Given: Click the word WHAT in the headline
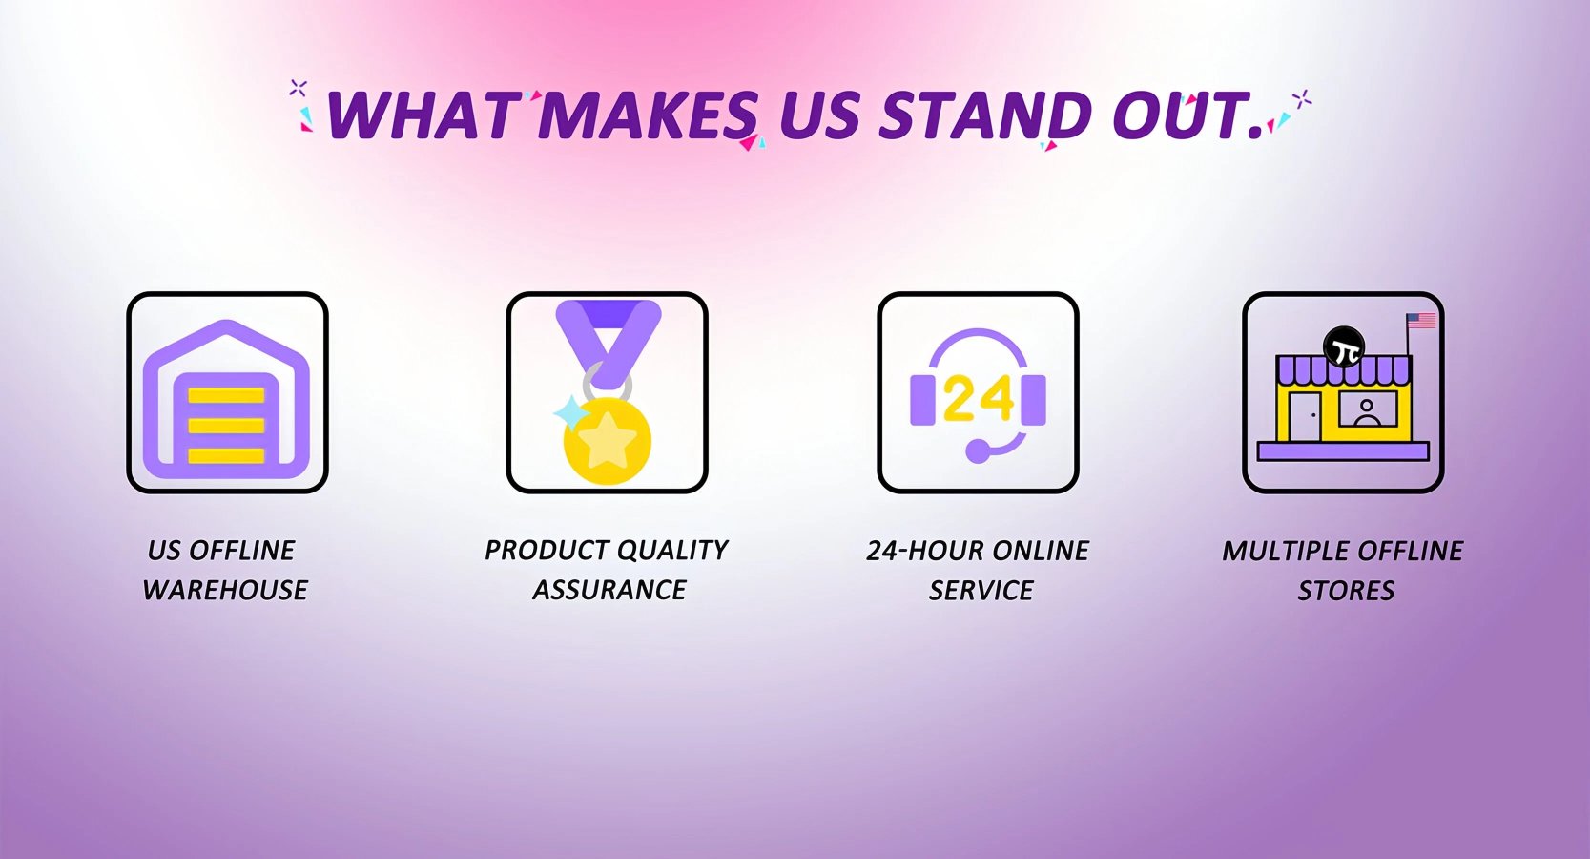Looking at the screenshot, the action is pos(422,115).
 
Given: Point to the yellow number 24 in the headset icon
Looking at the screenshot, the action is pos(979,398).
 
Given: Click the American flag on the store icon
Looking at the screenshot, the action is pos(1422,321).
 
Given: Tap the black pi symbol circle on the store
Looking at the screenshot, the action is pos(1344,346).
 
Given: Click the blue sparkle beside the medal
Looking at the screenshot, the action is pos(570,413).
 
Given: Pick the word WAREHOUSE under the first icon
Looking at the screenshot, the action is pos(225,590).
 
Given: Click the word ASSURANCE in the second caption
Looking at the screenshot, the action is pos(609,590).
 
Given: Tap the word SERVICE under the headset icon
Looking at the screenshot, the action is pos(981,591).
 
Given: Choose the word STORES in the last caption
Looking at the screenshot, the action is pos(1346,591).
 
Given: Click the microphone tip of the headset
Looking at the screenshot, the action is pos(978,451).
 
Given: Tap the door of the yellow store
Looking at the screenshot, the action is pos(1305,416).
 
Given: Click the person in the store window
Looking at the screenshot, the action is pos(1367,412).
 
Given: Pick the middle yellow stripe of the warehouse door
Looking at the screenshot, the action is pos(226,426).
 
